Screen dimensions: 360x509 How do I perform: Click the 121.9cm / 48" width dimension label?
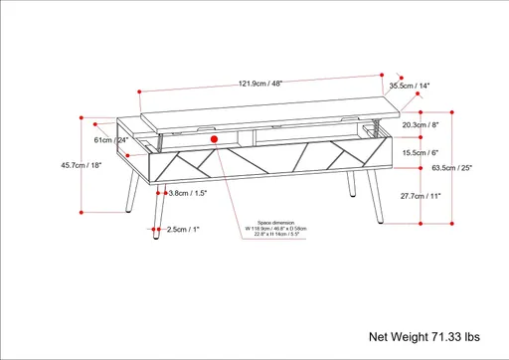(x=260, y=83)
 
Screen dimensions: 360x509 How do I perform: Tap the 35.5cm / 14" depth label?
(x=409, y=87)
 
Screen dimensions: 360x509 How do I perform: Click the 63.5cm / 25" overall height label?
(x=479, y=168)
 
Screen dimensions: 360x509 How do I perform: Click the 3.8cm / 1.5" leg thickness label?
(x=187, y=193)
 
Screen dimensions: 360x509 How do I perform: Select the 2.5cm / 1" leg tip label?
(x=182, y=230)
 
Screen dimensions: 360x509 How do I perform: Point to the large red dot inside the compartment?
(x=214, y=140)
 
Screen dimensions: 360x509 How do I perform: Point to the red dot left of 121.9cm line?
(x=140, y=92)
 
